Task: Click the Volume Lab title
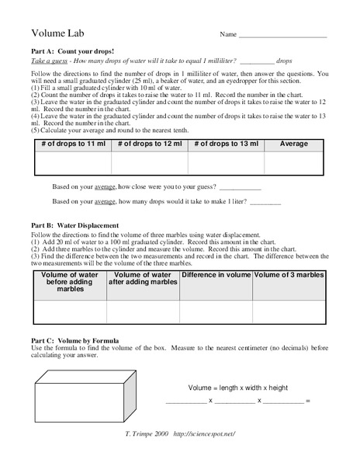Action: (57, 33)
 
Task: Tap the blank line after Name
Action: (282, 36)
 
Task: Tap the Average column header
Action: (294, 144)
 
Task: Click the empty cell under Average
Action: (294, 163)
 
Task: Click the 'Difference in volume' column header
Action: (216, 275)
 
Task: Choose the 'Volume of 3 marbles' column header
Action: (289, 275)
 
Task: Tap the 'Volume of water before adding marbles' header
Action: (70, 281)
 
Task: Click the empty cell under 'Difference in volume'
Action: (216, 311)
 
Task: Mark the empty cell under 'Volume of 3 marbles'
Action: (289, 311)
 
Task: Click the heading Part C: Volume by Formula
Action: (74, 340)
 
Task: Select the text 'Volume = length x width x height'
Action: (238, 388)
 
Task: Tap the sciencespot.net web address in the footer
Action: (204, 434)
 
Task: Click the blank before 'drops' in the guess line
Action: (257, 61)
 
